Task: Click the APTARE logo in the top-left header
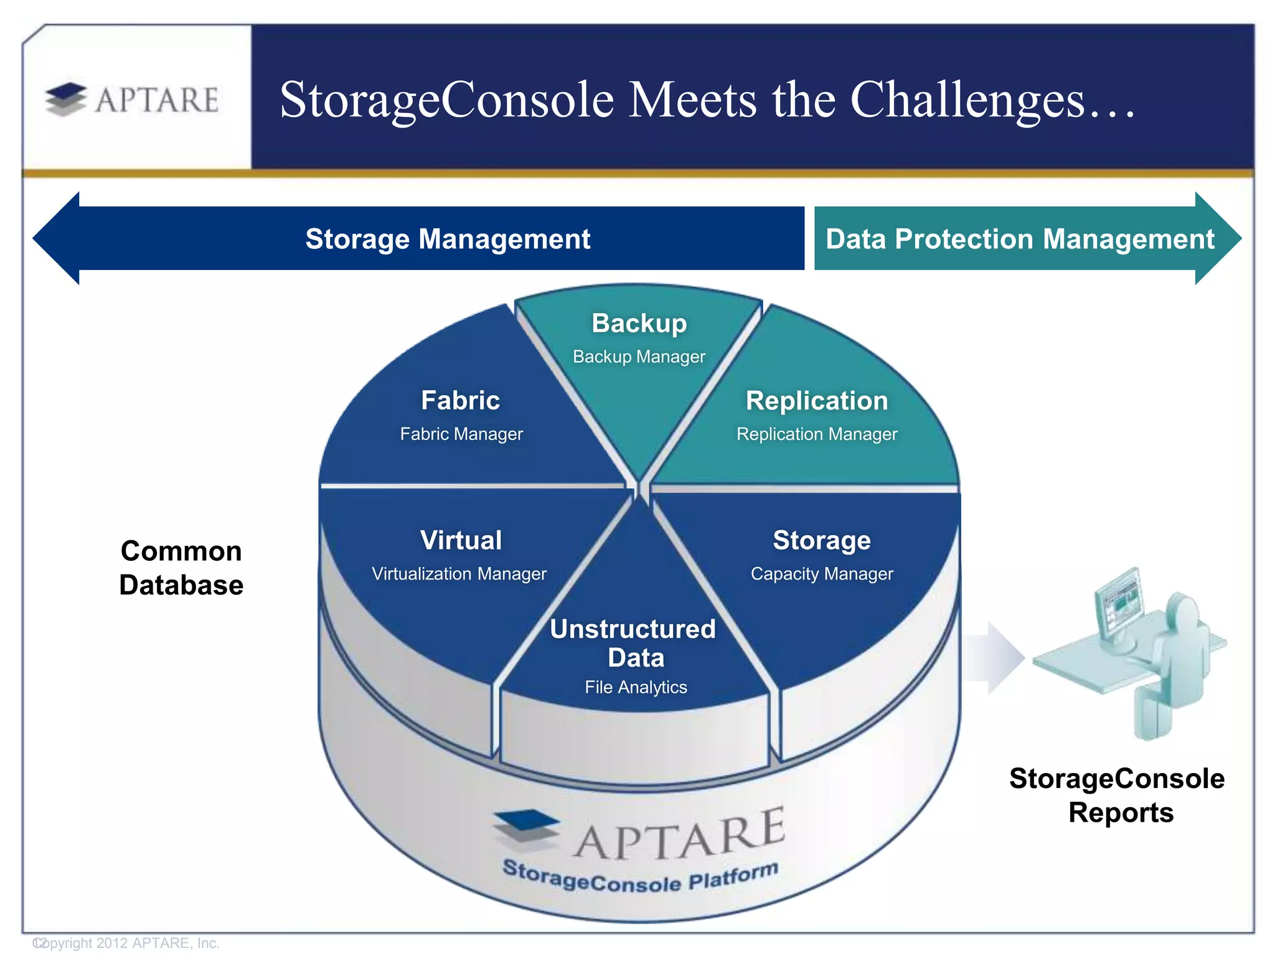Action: [x=132, y=100]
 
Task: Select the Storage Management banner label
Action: [x=448, y=239]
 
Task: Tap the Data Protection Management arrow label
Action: [x=1019, y=239]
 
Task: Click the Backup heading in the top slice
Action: [x=639, y=324]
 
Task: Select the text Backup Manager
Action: [x=639, y=357]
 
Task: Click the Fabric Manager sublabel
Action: [x=461, y=434]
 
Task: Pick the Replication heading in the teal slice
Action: [x=817, y=401]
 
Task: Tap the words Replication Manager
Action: [x=817, y=434]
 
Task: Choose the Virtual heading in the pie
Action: [x=461, y=540]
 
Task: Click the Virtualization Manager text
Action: [x=459, y=573]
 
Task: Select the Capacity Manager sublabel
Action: [x=822, y=573]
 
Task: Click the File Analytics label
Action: [x=636, y=687]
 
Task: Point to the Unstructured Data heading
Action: [x=634, y=644]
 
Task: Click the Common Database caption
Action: [x=181, y=568]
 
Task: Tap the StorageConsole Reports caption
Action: [x=1118, y=795]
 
